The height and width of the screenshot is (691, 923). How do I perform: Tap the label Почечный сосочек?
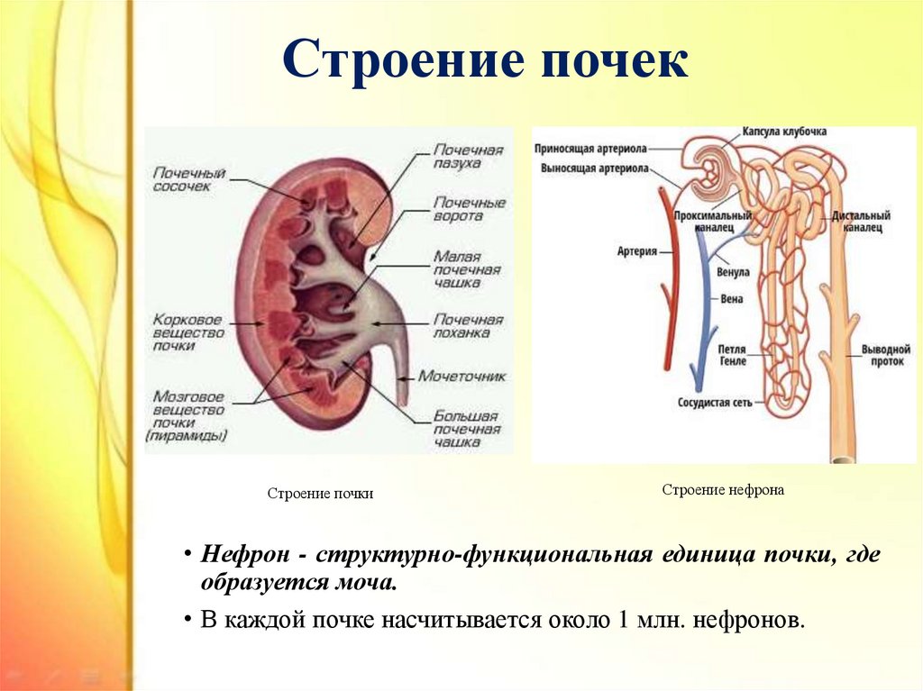189,179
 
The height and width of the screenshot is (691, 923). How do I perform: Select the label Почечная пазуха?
469,156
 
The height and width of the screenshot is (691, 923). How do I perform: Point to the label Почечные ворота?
469,209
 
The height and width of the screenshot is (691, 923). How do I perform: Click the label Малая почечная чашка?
467,269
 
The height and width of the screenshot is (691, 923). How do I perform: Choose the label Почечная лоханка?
469,325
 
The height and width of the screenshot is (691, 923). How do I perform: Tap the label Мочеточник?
462,376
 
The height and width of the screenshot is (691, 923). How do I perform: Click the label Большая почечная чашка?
467,429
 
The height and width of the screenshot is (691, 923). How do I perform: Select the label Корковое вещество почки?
188,332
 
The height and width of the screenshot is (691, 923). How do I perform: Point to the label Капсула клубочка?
784,132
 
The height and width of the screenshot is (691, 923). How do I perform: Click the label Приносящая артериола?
590,149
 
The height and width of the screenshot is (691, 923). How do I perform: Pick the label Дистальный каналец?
861,222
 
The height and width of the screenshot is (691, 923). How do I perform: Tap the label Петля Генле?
732,356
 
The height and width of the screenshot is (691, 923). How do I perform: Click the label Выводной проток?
886,355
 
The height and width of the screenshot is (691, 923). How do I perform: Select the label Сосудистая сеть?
715,404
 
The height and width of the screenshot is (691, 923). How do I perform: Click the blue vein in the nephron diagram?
701,306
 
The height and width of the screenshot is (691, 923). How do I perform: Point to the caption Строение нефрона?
723,490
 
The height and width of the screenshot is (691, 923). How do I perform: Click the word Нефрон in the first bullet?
245,554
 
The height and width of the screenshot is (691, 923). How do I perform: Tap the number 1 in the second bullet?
623,620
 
